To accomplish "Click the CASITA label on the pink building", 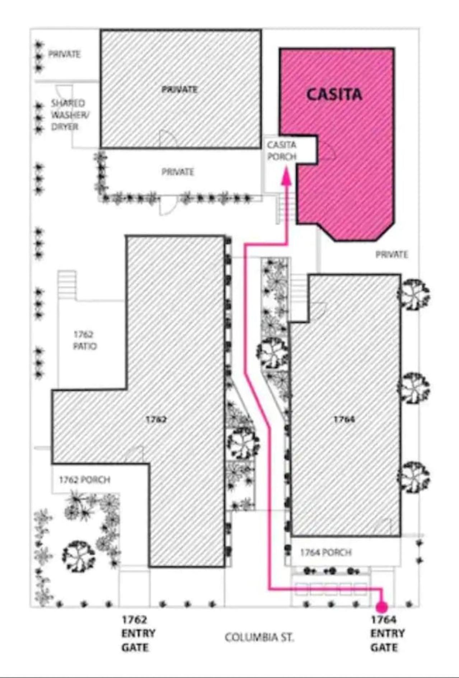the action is [334, 94].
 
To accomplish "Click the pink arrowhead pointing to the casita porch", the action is [286, 176].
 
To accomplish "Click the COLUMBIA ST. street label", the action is [259, 637].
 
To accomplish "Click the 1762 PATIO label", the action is [85, 340].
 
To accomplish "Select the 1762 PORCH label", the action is [84, 480].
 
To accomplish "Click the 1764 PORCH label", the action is [325, 552].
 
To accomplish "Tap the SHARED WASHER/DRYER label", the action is [70, 115].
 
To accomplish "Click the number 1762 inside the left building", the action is [156, 419].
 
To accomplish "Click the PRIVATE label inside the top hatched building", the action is [179, 89].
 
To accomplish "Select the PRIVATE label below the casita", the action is [392, 254].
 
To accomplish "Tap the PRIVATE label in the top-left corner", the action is [64, 54].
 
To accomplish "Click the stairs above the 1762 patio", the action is [67, 284].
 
